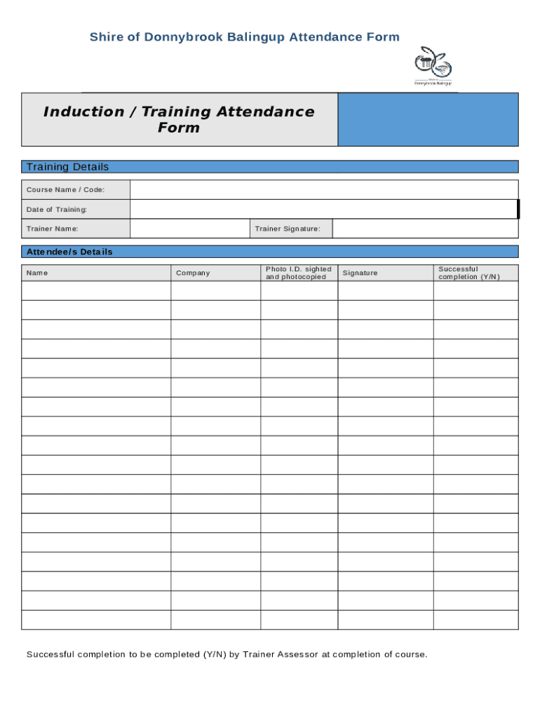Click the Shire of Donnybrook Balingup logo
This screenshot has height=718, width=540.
click(x=433, y=66)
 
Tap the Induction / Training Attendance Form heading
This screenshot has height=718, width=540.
click(x=179, y=120)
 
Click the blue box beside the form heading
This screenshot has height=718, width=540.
click(x=428, y=120)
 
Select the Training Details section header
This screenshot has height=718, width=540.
click(x=67, y=167)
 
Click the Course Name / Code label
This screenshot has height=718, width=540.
click(x=65, y=190)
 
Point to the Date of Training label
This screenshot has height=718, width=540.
click(x=57, y=210)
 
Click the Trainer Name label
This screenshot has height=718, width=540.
click(x=53, y=229)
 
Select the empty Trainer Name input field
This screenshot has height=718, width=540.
click(x=189, y=229)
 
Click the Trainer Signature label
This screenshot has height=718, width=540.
click(x=288, y=229)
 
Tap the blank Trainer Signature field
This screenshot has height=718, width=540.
click(x=425, y=229)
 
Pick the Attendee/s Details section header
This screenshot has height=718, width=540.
click(x=69, y=252)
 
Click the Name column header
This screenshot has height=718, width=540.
click(x=37, y=273)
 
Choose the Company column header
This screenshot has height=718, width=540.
click(x=193, y=273)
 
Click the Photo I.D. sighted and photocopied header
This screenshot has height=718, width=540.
click(x=298, y=273)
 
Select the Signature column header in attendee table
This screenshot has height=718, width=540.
click(x=360, y=273)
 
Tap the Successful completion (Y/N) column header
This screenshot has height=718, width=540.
click(x=469, y=273)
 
